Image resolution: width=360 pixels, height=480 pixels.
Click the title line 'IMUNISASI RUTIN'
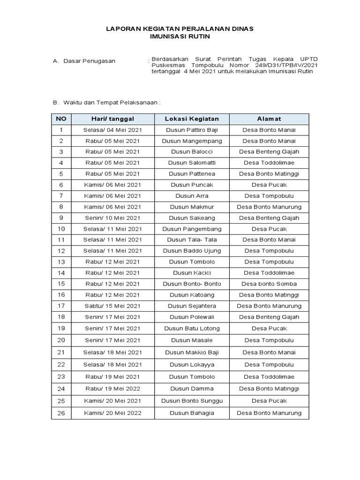coord(180,36)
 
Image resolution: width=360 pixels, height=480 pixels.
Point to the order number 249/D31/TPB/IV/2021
coord(289,65)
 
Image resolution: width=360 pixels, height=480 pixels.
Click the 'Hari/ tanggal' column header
coord(112,119)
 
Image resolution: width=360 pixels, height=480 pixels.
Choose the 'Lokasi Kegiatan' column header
coord(192,119)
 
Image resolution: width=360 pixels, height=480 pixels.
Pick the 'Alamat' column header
coord(269,119)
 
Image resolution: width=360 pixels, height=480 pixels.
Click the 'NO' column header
coord(61,119)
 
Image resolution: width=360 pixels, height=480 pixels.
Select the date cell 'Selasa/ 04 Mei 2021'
coord(112,130)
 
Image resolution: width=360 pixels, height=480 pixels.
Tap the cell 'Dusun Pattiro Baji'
coord(192,130)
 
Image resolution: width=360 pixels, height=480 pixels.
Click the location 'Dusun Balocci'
coord(192,152)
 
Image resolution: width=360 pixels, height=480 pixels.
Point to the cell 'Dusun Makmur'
coord(192,207)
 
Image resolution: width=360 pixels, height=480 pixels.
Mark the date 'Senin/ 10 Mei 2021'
coord(112,218)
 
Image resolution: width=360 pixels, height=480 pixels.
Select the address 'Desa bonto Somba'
coord(269,284)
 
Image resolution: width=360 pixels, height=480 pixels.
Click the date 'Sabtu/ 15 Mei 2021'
coord(112,306)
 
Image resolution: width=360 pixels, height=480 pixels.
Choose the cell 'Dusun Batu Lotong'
coord(192,329)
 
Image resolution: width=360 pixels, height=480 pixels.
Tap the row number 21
coord(61,352)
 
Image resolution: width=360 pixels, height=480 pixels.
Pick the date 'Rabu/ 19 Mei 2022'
coord(112,389)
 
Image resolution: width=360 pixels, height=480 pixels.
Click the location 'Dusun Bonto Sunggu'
coord(192,401)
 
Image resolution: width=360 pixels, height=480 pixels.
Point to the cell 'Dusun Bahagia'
coord(192,413)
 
